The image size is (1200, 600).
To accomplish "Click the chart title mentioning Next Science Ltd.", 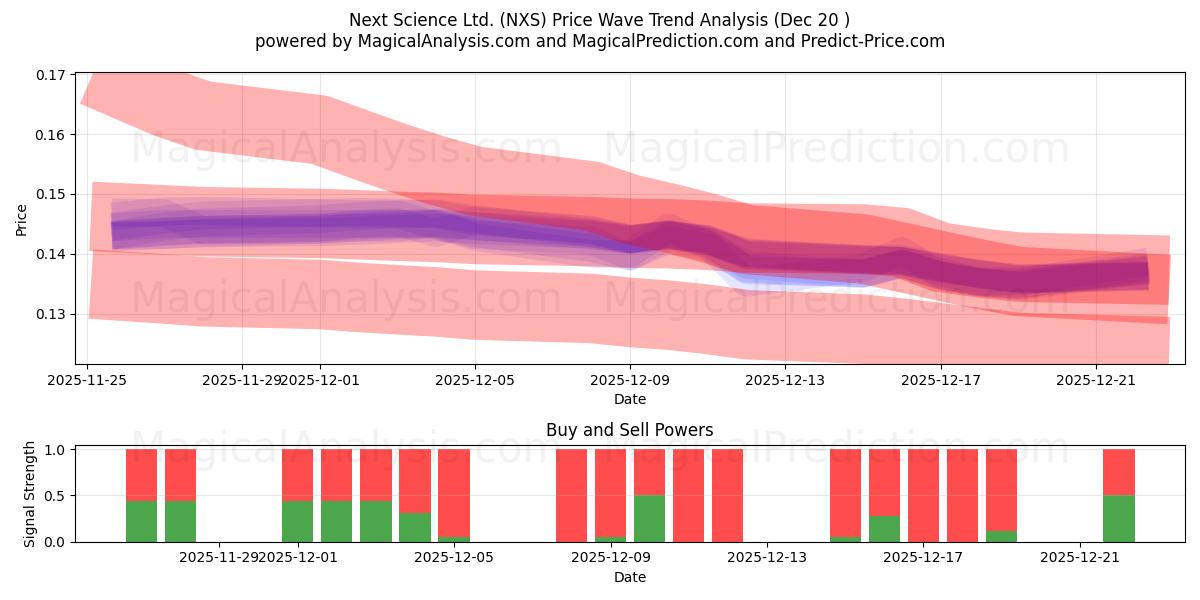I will [600, 19].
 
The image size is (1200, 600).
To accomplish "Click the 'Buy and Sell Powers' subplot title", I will [629, 430].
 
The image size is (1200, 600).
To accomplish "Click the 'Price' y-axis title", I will [22, 218].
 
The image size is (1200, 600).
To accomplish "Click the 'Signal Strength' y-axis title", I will [29, 494].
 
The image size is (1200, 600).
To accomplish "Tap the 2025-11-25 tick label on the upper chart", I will [88, 380].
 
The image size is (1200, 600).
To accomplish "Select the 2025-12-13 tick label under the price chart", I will [785, 380].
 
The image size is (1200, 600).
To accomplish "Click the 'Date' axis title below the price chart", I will [629, 399].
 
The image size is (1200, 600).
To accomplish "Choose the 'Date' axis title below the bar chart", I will [629, 577].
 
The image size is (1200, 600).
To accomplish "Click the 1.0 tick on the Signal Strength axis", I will [55, 450].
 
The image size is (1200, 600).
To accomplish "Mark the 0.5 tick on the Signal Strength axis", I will [55, 496].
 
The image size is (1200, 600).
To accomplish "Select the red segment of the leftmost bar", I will [141, 474].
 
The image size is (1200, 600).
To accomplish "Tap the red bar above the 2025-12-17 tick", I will [923, 495].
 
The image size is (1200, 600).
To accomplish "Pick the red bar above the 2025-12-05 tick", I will [454, 492].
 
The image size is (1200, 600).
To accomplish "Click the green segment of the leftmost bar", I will [141, 521].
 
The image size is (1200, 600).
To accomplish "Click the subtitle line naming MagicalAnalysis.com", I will [600, 41].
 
